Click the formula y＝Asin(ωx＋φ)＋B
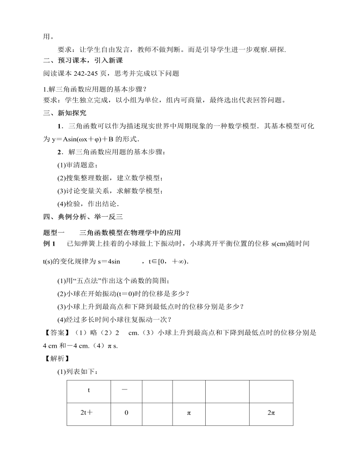pyautogui.click(x=86, y=139)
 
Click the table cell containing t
pyautogui.click(x=88, y=391)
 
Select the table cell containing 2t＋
pyautogui.click(x=88, y=414)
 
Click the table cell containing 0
pyautogui.click(x=126, y=414)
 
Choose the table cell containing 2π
pyautogui.click(x=271, y=414)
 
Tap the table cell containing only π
pyautogui.click(x=189, y=414)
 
